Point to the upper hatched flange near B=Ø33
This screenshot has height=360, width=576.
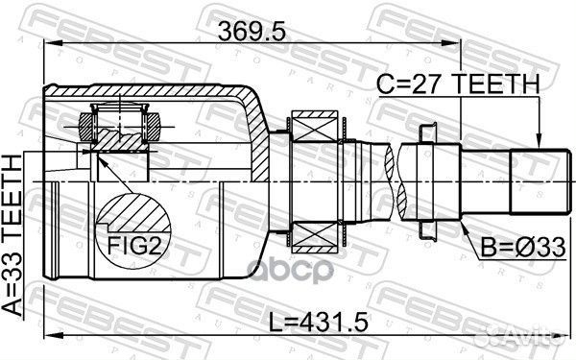tap(428, 134)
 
